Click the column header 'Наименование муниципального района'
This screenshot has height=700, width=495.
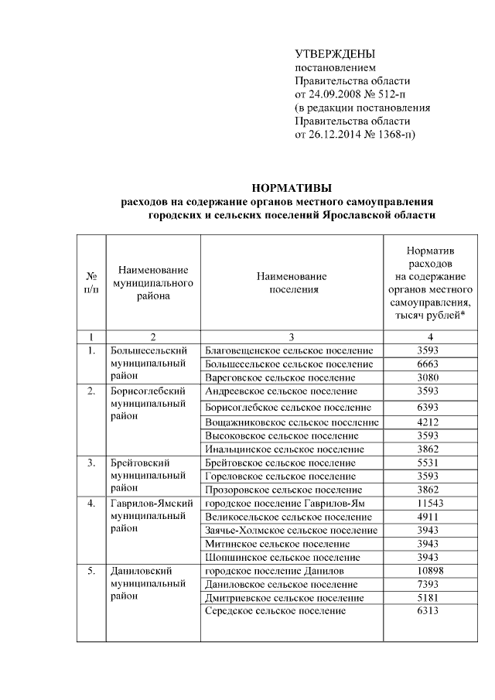[153, 282]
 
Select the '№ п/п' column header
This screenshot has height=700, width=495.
[91, 282]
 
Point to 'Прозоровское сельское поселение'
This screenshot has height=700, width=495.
[283, 490]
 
